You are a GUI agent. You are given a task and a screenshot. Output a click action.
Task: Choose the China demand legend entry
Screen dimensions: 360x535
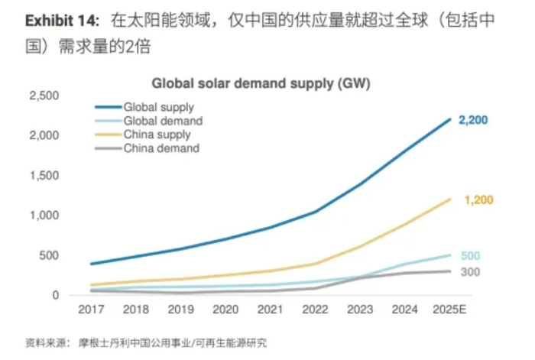[161, 148]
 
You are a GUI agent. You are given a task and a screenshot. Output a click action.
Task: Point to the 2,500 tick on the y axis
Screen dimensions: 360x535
[44, 96]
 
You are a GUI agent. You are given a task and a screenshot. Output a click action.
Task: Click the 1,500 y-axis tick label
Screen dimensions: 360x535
[44, 176]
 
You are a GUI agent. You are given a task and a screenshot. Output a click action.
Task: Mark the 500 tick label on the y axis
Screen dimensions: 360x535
[50, 255]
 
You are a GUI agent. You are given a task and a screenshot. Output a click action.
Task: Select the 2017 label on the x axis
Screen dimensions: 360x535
[92, 311]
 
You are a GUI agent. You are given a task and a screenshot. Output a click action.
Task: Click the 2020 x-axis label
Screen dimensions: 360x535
[225, 311]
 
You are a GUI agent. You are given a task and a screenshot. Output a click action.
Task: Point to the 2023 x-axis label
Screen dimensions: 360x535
[360, 311]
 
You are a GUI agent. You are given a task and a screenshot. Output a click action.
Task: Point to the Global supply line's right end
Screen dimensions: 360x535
[449, 119]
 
